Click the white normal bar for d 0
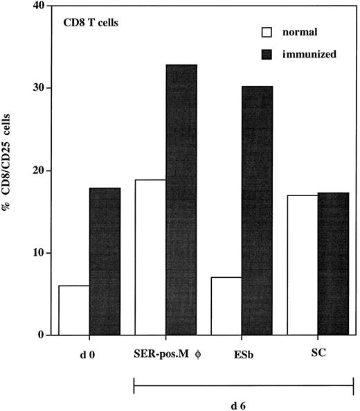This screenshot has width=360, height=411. pyautogui.click(x=73, y=311)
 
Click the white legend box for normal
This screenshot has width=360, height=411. pyautogui.click(x=264, y=32)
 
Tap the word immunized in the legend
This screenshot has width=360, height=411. pyautogui.click(x=310, y=53)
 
